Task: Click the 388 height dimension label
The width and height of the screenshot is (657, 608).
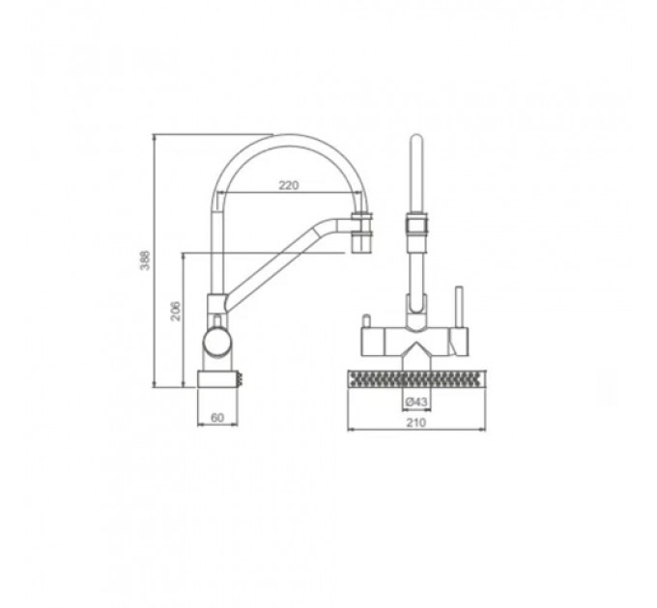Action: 145,261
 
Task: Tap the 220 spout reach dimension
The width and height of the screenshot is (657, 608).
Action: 289,185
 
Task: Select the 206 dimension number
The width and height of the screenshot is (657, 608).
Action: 177,311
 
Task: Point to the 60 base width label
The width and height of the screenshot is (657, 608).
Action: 217,417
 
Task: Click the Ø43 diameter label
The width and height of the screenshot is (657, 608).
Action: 416,402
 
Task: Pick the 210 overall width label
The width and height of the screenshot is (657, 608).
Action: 416,423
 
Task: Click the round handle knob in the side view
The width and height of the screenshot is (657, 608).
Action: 216,341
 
